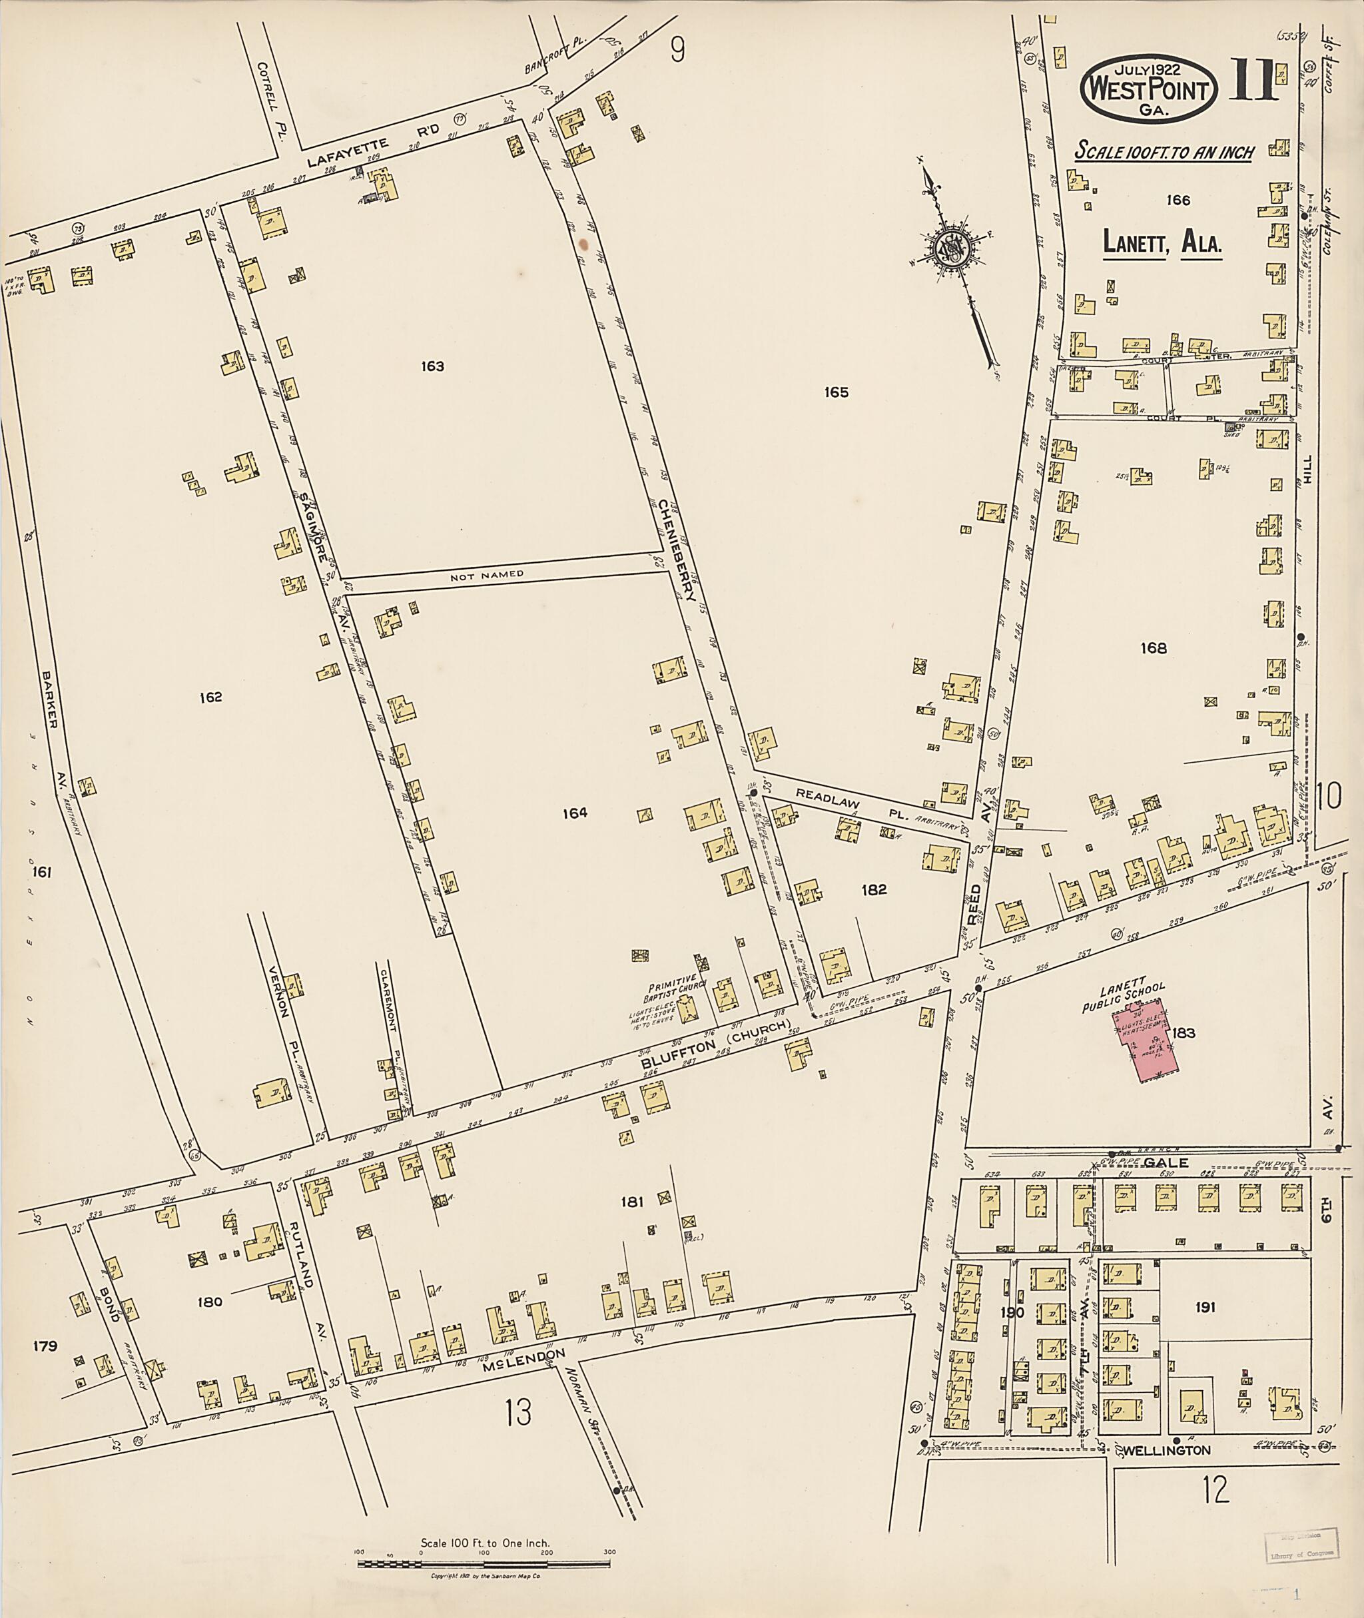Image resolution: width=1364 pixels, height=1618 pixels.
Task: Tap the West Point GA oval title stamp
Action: click(x=1148, y=90)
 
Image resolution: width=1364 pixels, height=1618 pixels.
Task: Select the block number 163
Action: click(x=432, y=366)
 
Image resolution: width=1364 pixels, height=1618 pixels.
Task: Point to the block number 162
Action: click(x=210, y=697)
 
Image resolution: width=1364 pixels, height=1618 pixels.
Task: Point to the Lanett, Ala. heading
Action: click(x=1162, y=244)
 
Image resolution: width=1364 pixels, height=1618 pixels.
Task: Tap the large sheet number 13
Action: click(x=518, y=1413)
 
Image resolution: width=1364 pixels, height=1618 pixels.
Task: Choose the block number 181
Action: click(x=632, y=1202)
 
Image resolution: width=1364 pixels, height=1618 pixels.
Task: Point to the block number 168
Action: click(x=1153, y=648)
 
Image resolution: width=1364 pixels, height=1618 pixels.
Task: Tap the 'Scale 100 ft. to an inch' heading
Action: click(x=1164, y=152)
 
